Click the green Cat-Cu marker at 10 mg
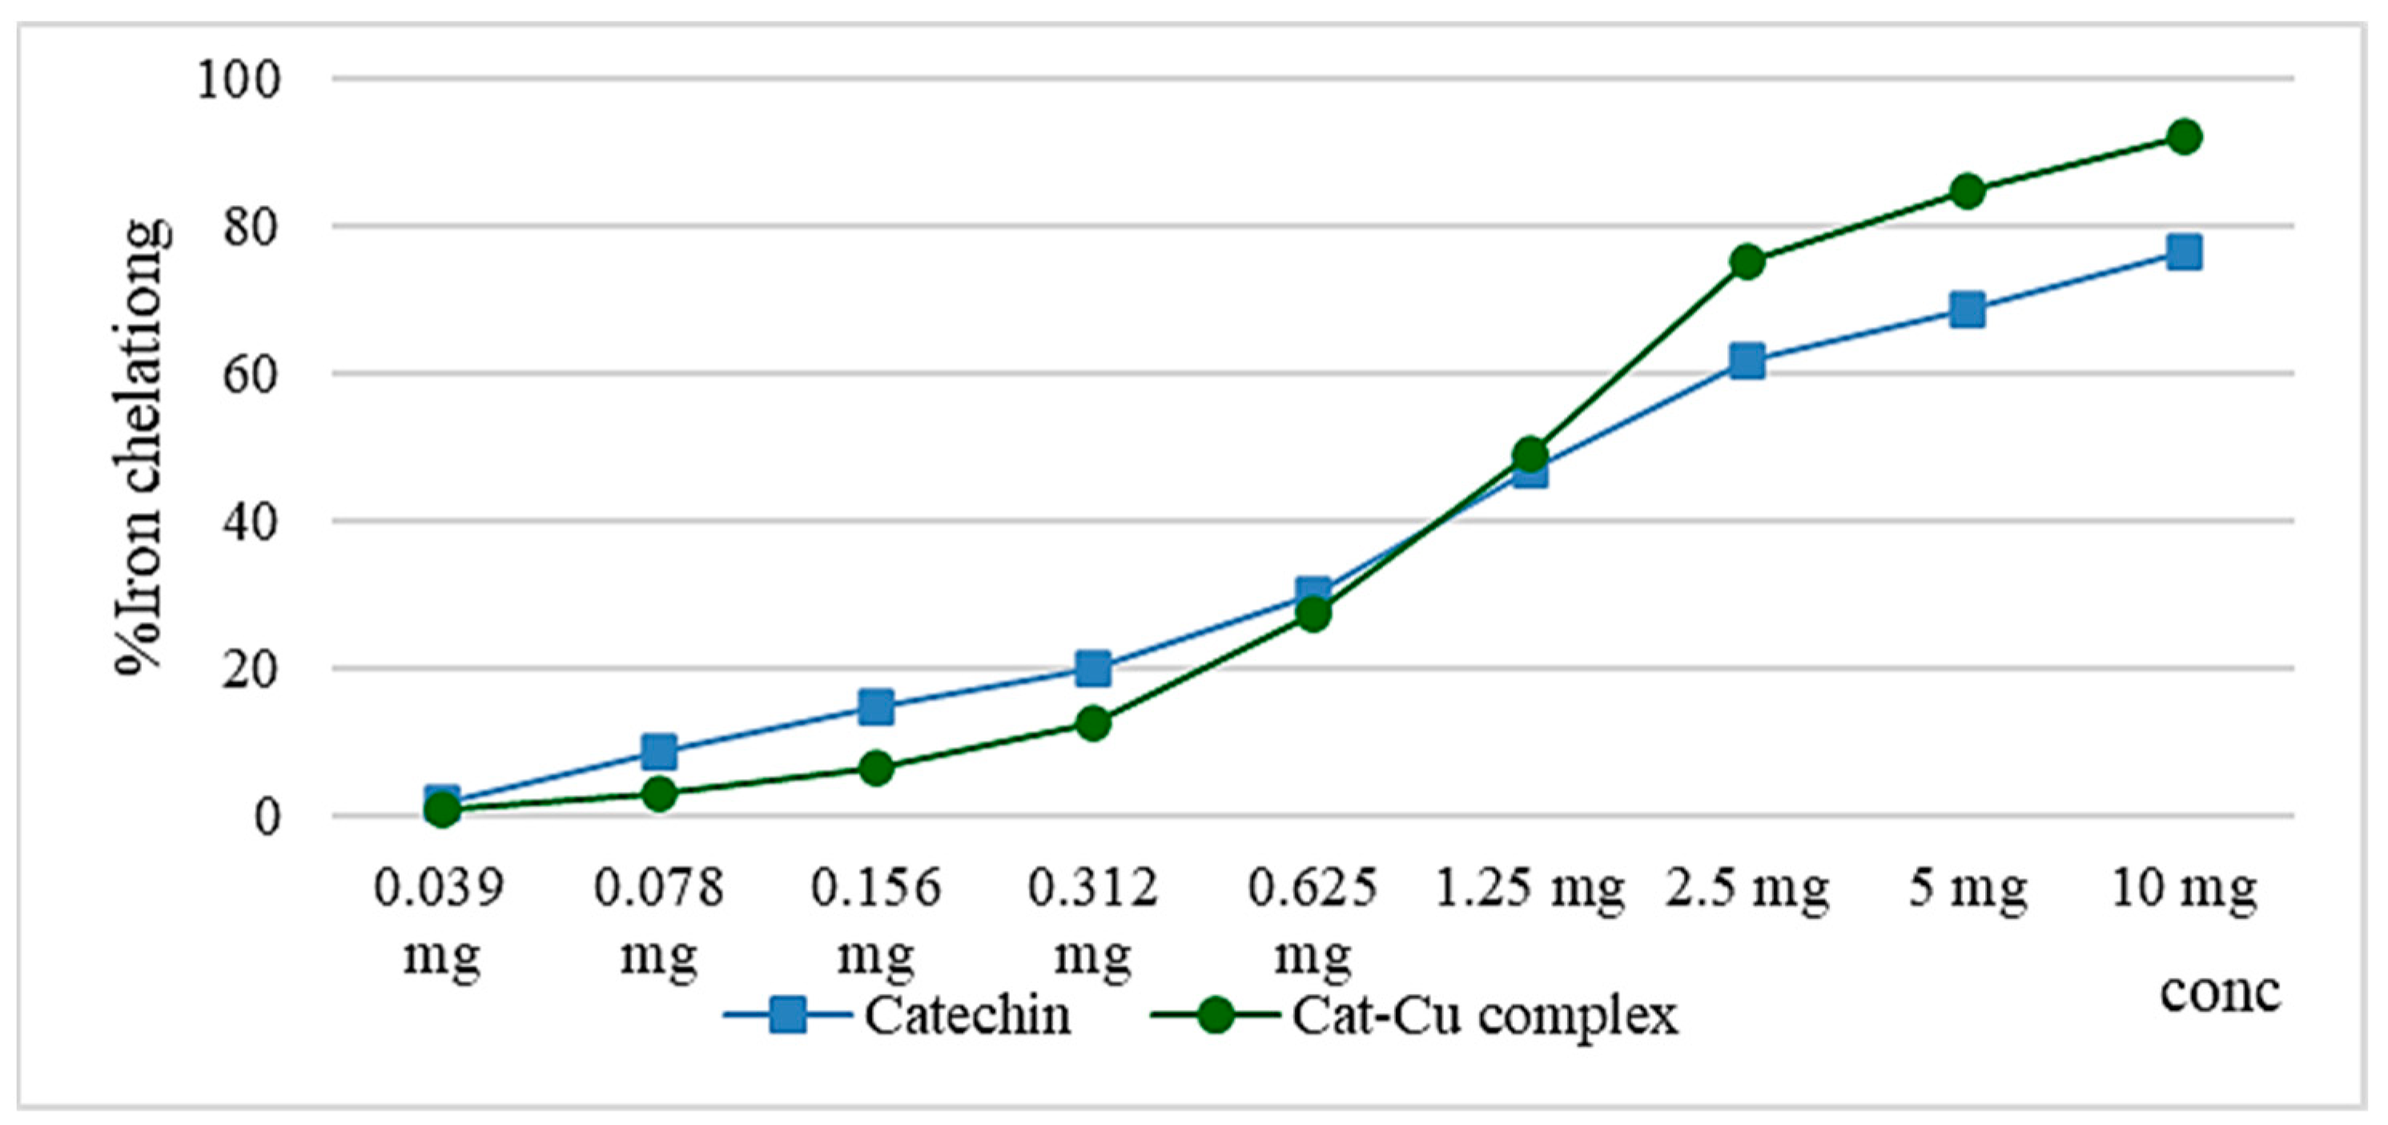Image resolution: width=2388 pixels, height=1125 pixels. pos(2184,137)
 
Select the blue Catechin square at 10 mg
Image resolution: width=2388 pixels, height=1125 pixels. pos(2184,252)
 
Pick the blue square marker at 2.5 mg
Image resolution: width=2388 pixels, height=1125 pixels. pos(1747,360)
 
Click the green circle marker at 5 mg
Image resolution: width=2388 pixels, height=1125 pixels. pos(1967,192)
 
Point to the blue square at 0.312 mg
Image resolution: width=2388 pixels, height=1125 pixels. pos(1094,667)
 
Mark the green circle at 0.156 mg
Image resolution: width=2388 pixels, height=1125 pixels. pos(876,768)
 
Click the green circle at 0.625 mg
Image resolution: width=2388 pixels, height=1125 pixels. pos(1313,614)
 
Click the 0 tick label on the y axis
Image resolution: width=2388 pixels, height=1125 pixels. pos(266,818)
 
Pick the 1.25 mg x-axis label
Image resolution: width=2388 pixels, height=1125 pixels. pos(1530,889)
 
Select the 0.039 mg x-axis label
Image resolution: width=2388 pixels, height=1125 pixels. pos(440,920)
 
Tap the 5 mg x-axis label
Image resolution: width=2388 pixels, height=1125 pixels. pos(1967,889)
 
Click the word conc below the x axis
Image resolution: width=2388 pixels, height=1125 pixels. pos(2220,991)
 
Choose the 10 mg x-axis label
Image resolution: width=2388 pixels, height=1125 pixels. pos(2184,889)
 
